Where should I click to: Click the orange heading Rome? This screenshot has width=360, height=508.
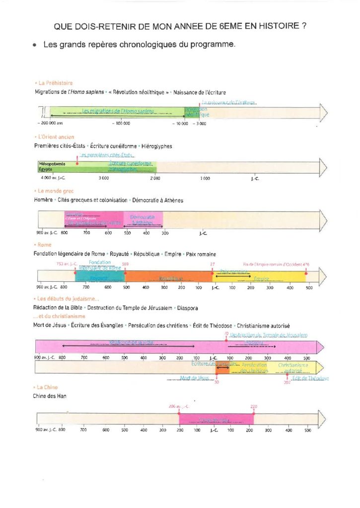click(x=43, y=245)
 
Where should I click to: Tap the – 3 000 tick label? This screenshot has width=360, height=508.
click(x=200, y=123)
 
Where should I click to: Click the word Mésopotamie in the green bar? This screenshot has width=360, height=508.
click(x=50, y=164)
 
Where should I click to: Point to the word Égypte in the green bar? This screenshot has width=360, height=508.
click(x=46, y=169)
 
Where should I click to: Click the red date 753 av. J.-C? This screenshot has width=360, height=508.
click(x=67, y=264)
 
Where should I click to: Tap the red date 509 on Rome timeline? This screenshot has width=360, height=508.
click(x=125, y=264)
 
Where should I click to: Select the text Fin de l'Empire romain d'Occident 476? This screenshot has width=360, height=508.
click(x=276, y=264)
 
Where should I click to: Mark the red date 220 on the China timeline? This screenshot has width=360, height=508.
click(x=254, y=406)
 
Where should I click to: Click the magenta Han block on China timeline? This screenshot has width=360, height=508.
click(x=216, y=420)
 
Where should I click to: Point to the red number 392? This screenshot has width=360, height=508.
click(x=287, y=382)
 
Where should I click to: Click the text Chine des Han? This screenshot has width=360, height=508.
click(x=50, y=395)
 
